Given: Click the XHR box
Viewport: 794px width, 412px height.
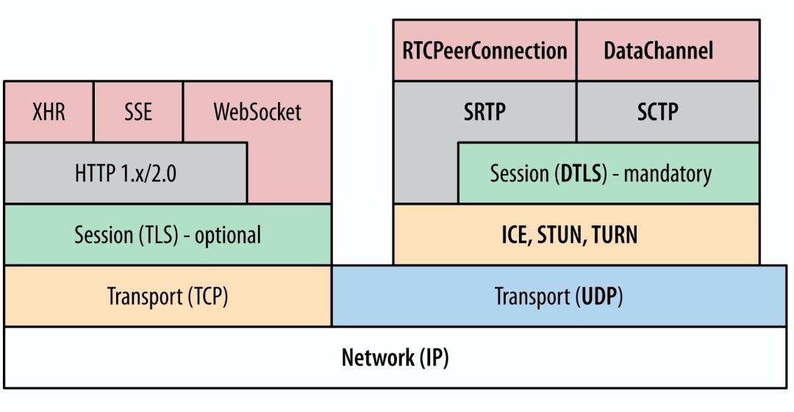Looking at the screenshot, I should pyautogui.click(x=49, y=112).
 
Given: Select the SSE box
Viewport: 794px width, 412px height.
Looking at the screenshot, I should pyautogui.click(x=138, y=112).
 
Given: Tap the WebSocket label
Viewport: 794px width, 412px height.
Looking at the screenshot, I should pyautogui.click(x=257, y=112).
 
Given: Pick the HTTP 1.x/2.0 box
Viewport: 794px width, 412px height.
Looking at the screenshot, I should pyautogui.click(x=125, y=174).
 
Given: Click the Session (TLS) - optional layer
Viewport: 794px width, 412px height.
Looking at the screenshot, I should pyautogui.click(x=168, y=235).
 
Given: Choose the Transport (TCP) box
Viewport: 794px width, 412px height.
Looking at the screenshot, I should pyautogui.click(x=168, y=297).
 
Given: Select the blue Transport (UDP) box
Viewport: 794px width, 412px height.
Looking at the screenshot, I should pyautogui.click(x=559, y=297).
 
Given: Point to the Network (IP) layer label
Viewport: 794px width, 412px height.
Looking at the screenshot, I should pyautogui.click(x=396, y=358).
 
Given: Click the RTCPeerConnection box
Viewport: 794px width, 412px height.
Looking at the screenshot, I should pyautogui.click(x=484, y=51).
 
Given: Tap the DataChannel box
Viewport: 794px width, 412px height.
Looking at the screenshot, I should pyautogui.click(x=668, y=51).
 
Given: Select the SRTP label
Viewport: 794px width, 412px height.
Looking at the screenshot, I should pyautogui.click(x=485, y=112).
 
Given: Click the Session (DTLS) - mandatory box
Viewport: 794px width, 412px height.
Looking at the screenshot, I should pyautogui.click(x=608, y=174).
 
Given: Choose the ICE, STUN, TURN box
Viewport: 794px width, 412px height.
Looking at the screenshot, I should pyautogui.click(x=576, y=235).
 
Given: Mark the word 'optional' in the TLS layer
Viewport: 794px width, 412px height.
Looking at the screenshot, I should pyautogui.click(x=227, y=235).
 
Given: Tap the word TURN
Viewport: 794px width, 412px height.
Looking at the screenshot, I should pyautogui.click(x=613, y=235).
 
